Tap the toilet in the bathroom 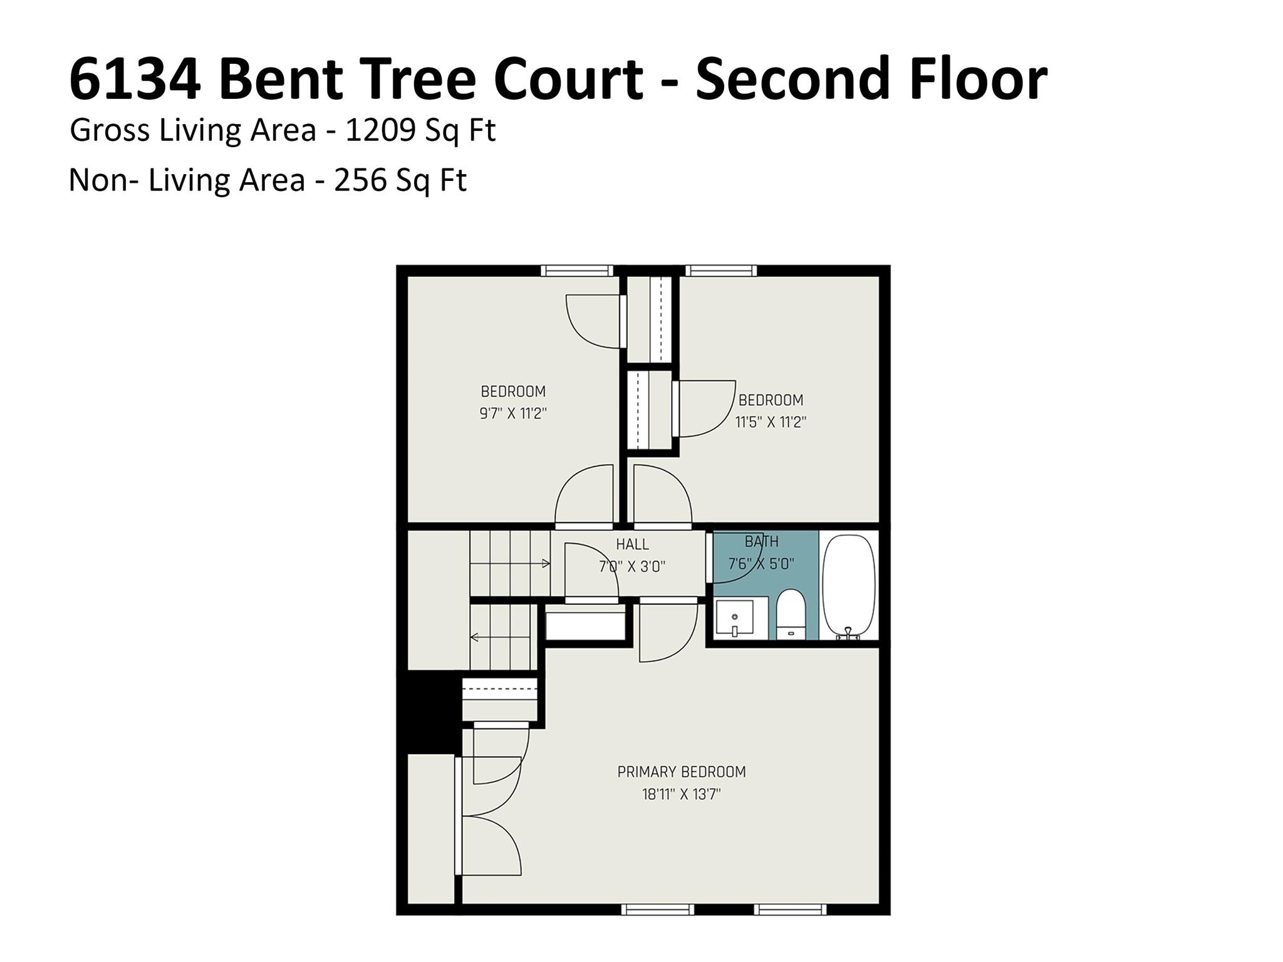click(x=790, y=615)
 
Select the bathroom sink click(x=734, y=618)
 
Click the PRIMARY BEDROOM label click(x=681, y=772)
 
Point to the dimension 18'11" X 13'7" click(x=681, y=795)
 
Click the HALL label click(x=632, y=544)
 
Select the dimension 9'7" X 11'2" click(x=513, y=414)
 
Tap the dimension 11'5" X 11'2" click(x=770, y=422)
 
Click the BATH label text click(x=761, y=541)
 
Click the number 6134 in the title click(x=135, y=80)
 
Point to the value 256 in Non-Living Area click(x=359, y=180)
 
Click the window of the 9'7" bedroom click(x=577, y=271)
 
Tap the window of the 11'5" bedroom click(x=721, y=271)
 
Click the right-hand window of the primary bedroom click(x=790, y=909)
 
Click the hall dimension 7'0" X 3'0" click(x=632, y=567)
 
